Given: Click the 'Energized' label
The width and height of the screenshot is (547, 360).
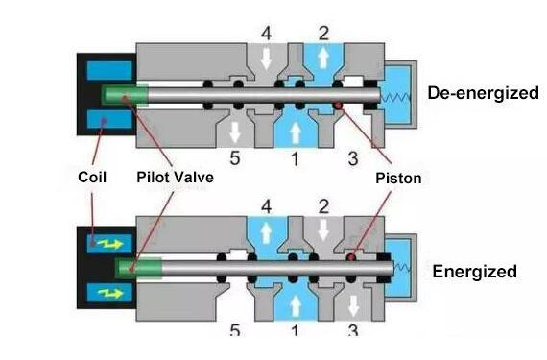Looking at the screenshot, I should coord(474,272).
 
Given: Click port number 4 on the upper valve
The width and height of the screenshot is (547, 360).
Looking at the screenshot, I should coord(266,34).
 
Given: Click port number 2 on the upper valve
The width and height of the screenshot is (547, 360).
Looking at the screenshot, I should coord(323,34).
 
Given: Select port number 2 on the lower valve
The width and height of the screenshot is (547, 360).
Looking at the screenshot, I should coord(323,205).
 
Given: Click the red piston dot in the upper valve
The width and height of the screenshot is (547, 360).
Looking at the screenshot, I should coord(338,106).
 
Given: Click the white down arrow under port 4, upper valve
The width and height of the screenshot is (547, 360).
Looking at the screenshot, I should coord(266,60).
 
